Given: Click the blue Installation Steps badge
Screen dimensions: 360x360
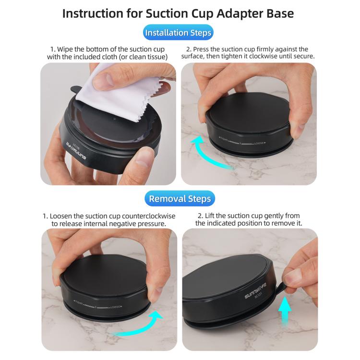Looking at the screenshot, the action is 178,32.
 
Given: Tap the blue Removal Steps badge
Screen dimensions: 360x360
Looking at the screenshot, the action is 180,198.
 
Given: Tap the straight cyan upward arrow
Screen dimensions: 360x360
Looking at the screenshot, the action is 285,311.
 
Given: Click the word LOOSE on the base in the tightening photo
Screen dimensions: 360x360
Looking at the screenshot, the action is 259,143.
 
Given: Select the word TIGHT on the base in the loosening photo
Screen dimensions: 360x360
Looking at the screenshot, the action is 78,302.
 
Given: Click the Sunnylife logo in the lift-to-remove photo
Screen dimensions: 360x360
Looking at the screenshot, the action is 255,290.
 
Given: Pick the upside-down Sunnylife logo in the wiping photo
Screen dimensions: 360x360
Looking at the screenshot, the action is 76,151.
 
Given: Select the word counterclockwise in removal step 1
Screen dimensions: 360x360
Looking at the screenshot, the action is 148,216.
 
